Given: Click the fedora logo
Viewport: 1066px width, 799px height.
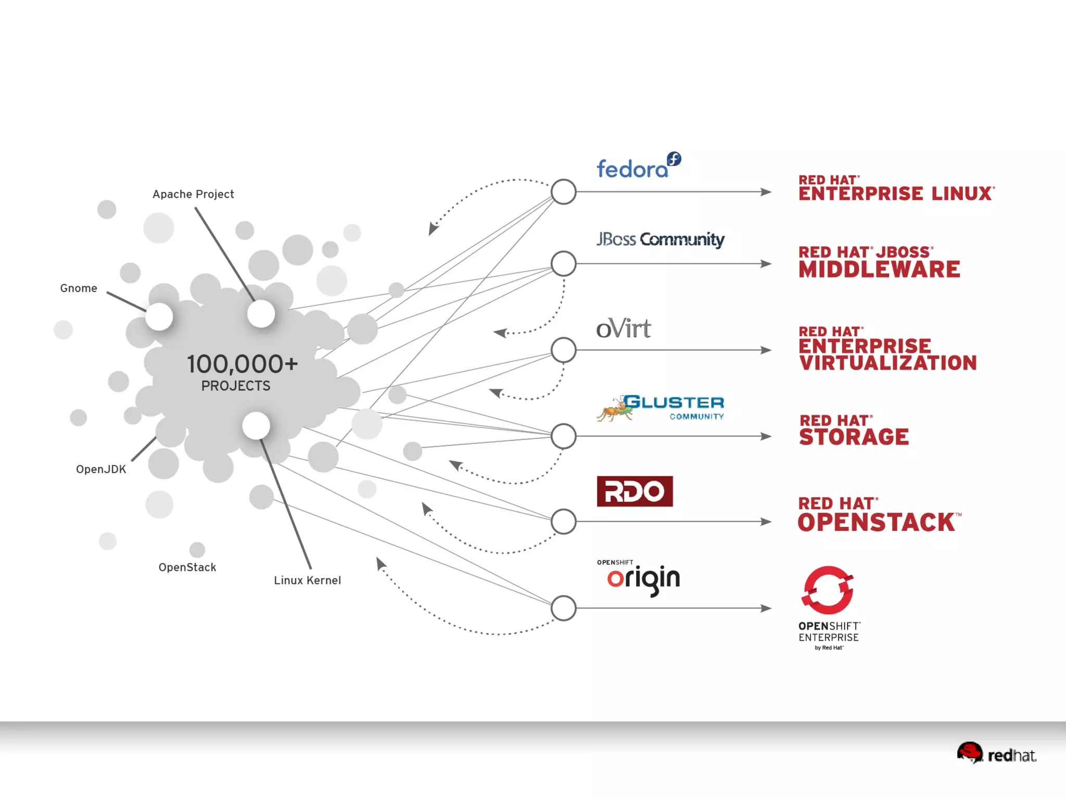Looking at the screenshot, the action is (638, 167).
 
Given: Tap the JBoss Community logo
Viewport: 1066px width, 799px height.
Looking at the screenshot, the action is (660, 239).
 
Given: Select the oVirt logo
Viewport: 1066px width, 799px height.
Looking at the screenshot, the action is (623, 329).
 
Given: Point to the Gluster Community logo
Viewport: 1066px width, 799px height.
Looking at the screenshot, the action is (661, 407).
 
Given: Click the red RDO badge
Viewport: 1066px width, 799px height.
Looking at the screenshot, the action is (634, 491).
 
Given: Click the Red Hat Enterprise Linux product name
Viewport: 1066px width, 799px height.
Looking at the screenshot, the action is (896, 188).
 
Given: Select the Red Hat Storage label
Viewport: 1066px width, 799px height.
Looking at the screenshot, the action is (854, 430).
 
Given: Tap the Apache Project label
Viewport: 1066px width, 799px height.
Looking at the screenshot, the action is (193, 194).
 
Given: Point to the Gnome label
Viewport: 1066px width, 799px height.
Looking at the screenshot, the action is (79, 288).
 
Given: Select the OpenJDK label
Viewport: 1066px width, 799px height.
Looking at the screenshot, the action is (101, 469).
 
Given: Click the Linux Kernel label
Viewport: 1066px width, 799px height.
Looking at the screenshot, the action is (307, 580).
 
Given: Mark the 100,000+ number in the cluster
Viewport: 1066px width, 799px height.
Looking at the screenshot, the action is (243, 364).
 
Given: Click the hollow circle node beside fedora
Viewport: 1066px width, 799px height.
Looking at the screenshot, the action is (563, 192).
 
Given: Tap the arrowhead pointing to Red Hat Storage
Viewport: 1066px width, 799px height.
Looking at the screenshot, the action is (766, 436).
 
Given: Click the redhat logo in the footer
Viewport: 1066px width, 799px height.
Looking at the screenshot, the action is (996, 753).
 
